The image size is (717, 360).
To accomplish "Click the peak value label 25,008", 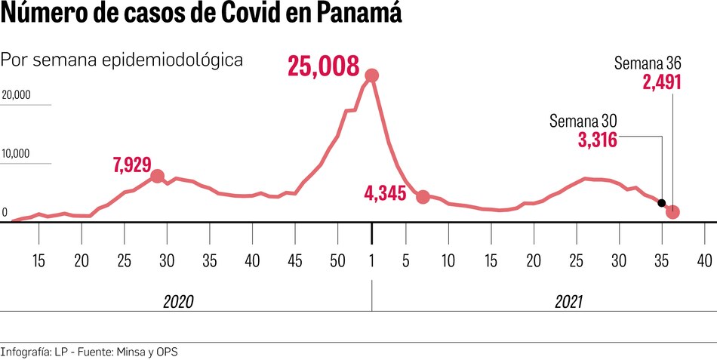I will point(323,68).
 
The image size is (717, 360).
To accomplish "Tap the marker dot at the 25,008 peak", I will point(371,75).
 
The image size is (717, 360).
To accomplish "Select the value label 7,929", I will point(132,165).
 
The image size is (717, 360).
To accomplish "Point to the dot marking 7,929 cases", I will point(157,176).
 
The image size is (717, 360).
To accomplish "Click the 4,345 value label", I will point(385,194).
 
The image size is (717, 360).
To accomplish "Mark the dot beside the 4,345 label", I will point(423,197).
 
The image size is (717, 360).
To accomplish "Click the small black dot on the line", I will point(662,203).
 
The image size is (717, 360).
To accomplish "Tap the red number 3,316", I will point(598,140).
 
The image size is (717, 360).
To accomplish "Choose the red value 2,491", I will point(662,82).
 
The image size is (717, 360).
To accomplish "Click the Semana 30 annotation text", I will point(583,121).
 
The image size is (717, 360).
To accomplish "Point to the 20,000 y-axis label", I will point(16,95).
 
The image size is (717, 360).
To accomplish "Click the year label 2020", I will point(179,302).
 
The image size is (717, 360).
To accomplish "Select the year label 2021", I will point(570,302).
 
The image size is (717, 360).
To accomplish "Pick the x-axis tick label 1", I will point(371,260).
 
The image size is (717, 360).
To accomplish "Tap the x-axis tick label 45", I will point(295,260).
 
